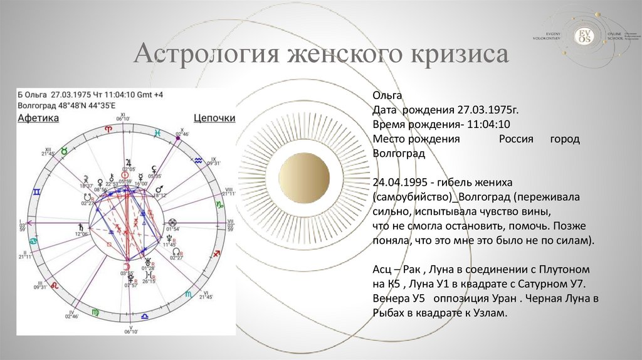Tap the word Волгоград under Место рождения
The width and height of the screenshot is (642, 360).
pos(399,153)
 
